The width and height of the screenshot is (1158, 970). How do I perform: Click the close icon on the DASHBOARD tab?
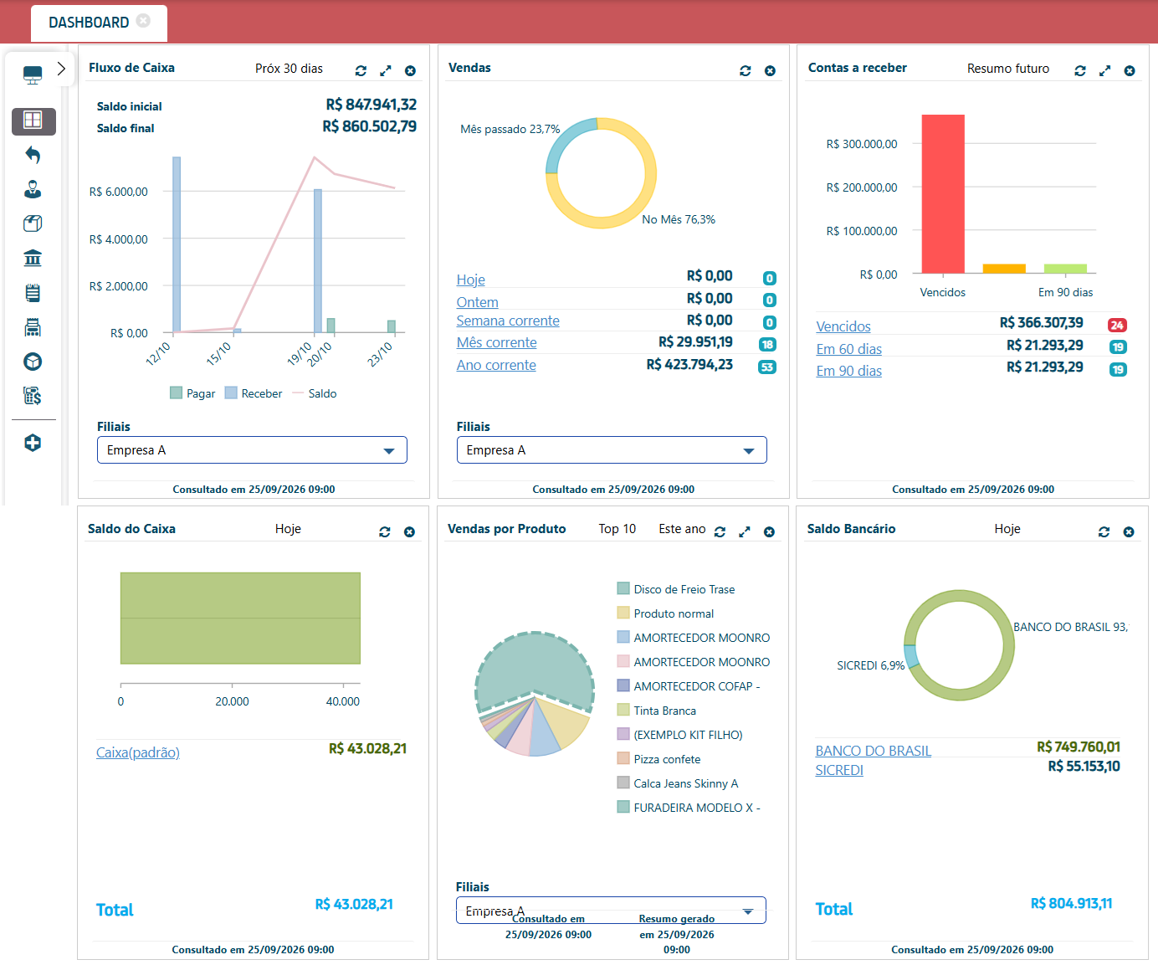pyautogui.click(x=143, y=21)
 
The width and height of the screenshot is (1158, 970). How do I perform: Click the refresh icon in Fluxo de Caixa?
pyautogui.click(x=361, y=71)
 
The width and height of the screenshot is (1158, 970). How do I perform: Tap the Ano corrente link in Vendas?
pyautogui.click(x=496, y=365)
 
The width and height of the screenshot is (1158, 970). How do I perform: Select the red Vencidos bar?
pyautogui.click(x=943, y=193)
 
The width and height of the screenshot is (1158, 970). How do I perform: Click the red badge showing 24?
pyautogui.click(x=1117, y=326)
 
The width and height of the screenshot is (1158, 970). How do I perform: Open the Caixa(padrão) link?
pyautogui.click(x=138, y=752)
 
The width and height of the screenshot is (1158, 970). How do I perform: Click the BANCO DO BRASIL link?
pyautogui.click(x=873, y=751)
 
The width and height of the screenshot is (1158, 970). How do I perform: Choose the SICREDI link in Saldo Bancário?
pyautogui.click(x=839, y=770)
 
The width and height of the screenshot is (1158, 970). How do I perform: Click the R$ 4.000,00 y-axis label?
pyautogui.click(x=119, y=239)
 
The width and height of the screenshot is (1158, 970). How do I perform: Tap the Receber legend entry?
pyautogui.click(x=254, y=393)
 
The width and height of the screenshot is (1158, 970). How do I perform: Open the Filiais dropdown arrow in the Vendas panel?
pyautogui.click(x=749, y=450)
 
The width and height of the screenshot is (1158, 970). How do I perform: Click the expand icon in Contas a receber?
pyautogui.click(x=1104, y=71)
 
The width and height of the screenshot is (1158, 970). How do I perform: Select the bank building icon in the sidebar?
pyautogui.click(x=33, y=258)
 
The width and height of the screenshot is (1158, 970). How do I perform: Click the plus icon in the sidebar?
pyautogui.click(x=33, y=443)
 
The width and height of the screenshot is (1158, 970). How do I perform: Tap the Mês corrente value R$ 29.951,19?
pyautogui.click(x=695, y=341)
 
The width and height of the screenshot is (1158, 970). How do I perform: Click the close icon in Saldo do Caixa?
pyautogui.click(x=409, y=532)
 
